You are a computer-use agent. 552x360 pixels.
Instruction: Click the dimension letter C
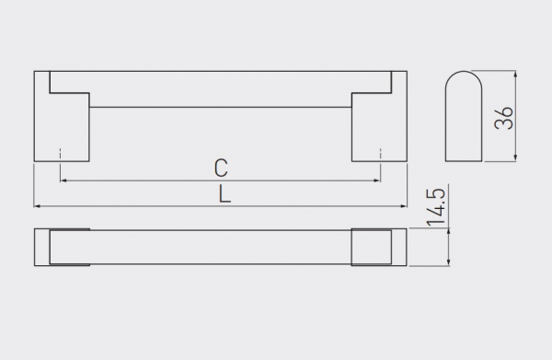point(221,168)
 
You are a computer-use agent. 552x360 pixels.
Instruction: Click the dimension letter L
point(224,194)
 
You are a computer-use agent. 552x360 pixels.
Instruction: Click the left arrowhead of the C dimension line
point(64,181)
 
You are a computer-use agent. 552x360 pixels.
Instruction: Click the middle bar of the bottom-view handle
point(221,247)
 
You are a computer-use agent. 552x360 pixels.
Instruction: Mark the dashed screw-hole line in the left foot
point(60,155)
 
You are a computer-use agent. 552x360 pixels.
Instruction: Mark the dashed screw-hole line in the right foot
point(380,155)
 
